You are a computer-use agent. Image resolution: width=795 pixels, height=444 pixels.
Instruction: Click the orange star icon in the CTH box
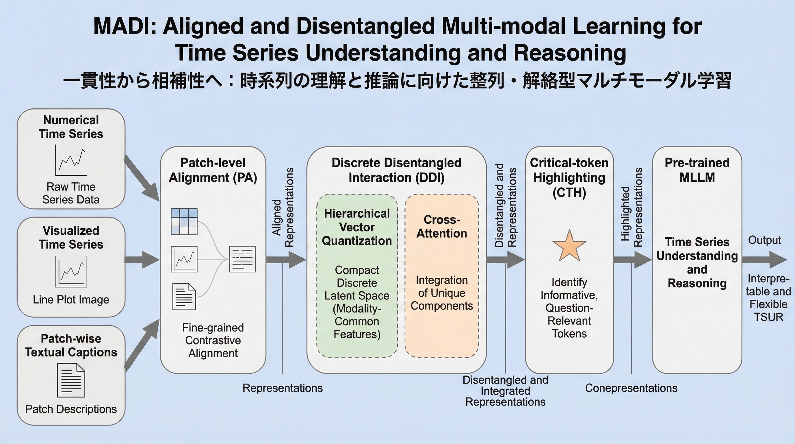click(x=569, y=246)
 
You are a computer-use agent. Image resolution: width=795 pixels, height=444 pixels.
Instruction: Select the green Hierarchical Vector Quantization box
click(x=357, y=275)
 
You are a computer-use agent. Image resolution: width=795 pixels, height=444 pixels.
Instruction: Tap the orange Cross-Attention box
click(x=442, y=275)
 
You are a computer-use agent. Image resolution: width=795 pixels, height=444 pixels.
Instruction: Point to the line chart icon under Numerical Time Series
click(x=71, y=160)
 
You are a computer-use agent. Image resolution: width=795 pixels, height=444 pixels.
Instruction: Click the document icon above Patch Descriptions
click(x=71, y=380)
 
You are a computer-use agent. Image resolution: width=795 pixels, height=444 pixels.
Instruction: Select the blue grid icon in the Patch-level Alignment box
click(x=184, y=221)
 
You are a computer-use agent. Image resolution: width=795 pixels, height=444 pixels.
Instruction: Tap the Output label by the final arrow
click(x=764, y=240)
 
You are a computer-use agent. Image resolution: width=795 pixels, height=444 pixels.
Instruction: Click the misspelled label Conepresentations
click(x=631, y=388)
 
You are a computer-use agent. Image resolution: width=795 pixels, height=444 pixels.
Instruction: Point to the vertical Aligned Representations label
click(x=283, y=208)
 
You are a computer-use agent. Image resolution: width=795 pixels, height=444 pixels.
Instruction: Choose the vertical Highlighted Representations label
click(x=631, y=208)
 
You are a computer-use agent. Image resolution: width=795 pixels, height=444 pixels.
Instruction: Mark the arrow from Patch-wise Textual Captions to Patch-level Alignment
click(x=142, y=344)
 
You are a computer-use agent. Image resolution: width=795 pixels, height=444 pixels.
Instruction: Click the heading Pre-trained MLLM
click(x=697, y=170)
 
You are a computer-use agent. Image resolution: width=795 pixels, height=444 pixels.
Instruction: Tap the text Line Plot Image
click(x=71, y=299)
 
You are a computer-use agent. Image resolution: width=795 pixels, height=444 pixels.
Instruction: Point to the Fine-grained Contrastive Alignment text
click(x=213, y=340)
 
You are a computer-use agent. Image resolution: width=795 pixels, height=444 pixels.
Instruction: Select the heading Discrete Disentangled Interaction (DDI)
click(x=396, y=170)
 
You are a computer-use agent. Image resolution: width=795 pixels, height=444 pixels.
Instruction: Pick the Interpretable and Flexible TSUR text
click(x=768, y=298)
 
